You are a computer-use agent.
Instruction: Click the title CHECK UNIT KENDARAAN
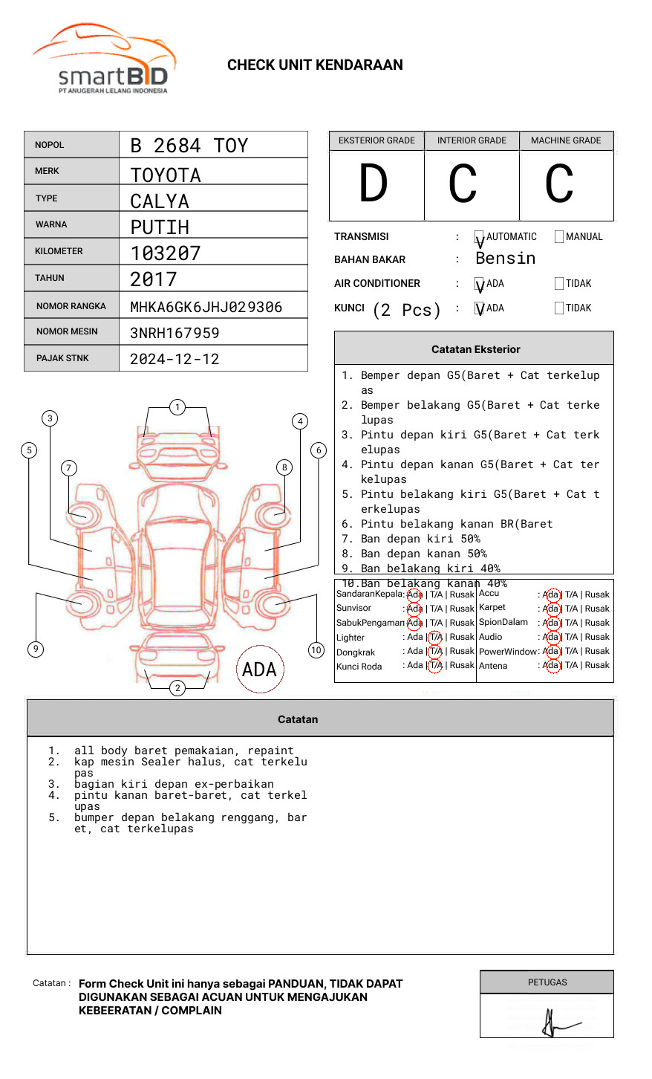[315, 65]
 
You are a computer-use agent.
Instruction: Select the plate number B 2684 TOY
[189, 146]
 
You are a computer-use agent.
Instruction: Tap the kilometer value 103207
[166, 253]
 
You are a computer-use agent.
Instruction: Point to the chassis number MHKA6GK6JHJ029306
[206, 307]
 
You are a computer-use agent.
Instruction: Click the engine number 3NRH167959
[175, 333]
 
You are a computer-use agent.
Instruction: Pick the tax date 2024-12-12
[175, 359]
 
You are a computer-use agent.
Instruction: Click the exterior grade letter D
[374, 184]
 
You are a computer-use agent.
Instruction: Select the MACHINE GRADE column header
[566, 140]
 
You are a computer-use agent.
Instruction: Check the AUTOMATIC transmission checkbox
[479, 237]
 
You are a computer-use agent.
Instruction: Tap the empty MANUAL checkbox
[559, 237]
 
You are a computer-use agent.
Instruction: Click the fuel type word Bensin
[505, 259]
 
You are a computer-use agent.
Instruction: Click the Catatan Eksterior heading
[475, 349]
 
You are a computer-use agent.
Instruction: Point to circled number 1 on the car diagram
[177, 407]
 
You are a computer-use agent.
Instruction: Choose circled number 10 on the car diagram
[316, 650]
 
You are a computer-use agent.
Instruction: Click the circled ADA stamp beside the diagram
[259, 670]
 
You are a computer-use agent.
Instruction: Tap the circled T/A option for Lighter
[435, 637]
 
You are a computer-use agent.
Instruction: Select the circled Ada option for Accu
[551, 594]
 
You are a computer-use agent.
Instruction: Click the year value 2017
[154, 280]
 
